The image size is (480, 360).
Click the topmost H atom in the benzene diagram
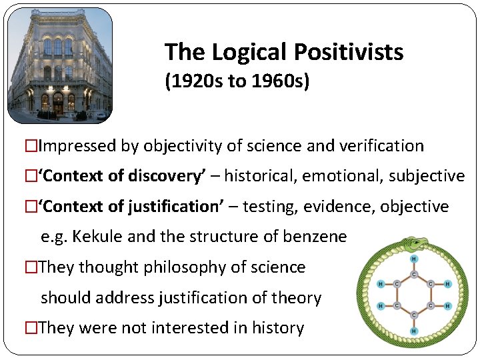point(413,259)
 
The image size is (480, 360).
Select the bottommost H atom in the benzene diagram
point(413,331)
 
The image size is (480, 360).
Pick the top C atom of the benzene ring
point(413,273)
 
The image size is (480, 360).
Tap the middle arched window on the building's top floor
point(58,47)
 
